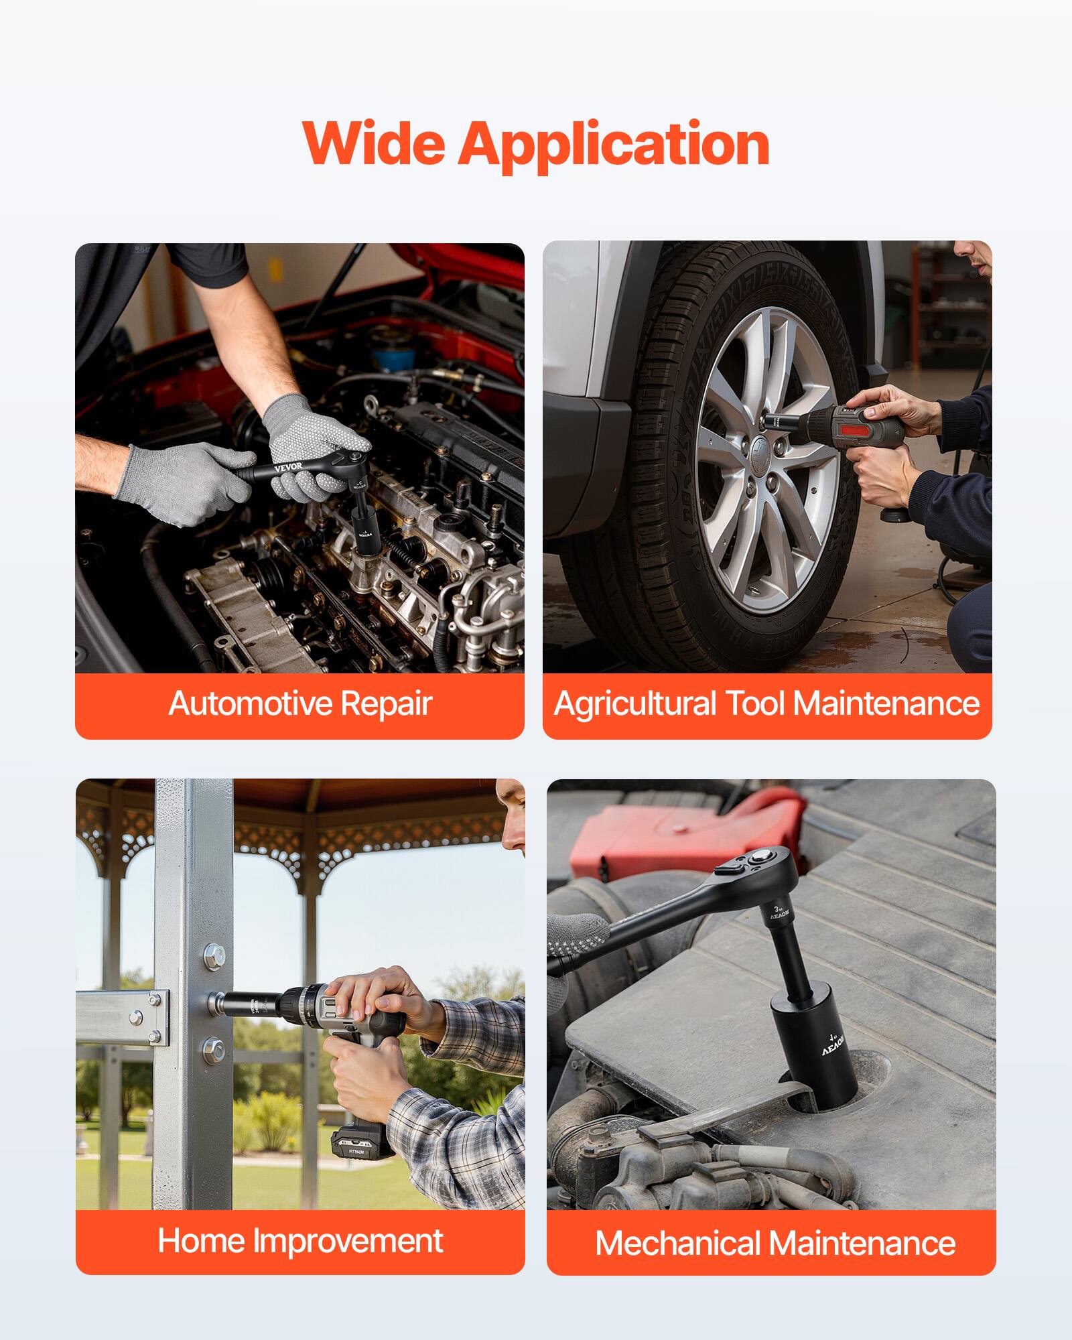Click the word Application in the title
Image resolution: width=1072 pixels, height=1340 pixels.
[613, 145]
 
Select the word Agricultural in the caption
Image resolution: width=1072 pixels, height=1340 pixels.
[635, 703]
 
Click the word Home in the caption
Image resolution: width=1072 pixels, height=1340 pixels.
[201, 1241]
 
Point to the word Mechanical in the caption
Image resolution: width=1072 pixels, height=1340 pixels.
[678, 1244]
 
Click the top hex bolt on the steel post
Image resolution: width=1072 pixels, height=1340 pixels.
[214, 955]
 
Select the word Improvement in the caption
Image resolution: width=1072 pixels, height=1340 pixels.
[348, 1241]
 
